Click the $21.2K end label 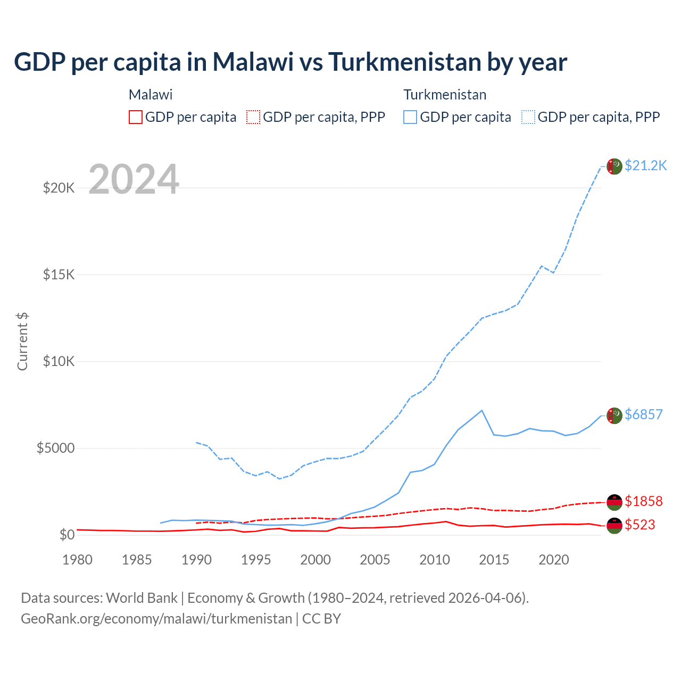(x=645, y=165)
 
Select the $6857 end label (x=644, y=414)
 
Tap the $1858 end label (x=644, y=501)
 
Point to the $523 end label (x=640, y=525)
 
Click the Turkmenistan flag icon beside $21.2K (x=614, y=167)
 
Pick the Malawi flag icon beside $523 (x=614, y=526)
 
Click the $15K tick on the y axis (x=59, y=275)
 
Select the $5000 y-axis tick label (x=55, y=448)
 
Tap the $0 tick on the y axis (x=67, y=535)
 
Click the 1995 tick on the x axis (x=256, y=560)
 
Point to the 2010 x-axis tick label (x=435, y=560)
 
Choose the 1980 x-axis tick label (x=78, y=560)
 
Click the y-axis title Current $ (x=22, y=342)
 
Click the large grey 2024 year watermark (x=134, y=179)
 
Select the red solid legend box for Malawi (x=136, y=117)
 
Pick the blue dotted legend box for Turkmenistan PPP (x=528, y=117)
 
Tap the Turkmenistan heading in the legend (x=445, y=95)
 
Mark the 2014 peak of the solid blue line (x=482, y=410)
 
